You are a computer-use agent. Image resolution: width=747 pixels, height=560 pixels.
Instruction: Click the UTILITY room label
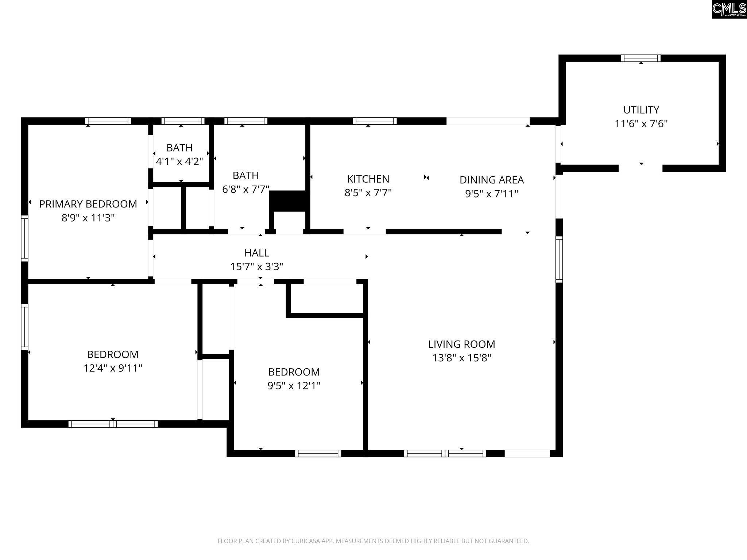pyautogui.click(x=641, y=110)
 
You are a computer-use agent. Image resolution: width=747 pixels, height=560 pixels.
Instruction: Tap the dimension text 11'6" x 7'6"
pyautogui.click(x=641, y=124)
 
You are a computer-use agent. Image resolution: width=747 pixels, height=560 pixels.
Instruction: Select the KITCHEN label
pyautogui.click(x=368, y=179)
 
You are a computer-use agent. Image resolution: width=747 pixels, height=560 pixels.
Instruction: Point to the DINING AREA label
pyautogui.click(x=492, y=180)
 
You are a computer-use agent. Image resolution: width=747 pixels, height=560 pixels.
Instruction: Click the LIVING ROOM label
pyautogui.click(x=461, y=344)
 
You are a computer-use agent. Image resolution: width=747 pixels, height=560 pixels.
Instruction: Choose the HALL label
pyautogui.click(x=257, y=253)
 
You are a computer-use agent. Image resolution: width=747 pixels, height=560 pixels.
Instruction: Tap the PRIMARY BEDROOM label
pyautogui.click(x=88, y=204)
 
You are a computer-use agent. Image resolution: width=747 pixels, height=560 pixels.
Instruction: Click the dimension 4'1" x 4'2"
pyautogui.click(x=179, y=161)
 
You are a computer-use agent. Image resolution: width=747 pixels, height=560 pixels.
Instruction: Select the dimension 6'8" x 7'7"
pyautogui.click(x=246, y=189)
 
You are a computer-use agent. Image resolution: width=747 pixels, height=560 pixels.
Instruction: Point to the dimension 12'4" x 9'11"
pyautogui.click(x=113, y=368)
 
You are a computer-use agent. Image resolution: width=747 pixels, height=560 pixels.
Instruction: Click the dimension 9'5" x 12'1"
pyautogui.click(x=294, y=385)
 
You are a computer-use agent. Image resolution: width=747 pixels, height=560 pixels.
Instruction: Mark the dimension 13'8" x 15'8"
pyautogui.click(x=461, y=358)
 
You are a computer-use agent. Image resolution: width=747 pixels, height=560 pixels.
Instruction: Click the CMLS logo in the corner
pyautogui.click(x=729, y=9)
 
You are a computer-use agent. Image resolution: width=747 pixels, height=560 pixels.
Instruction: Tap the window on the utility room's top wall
pyautogui.click(x=641, y=58)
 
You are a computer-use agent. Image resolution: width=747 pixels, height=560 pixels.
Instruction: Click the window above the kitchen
pyautogui.click(x=375, y=121)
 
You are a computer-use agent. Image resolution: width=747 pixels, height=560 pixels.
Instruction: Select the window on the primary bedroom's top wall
pyautogui.click(x=108, y=121)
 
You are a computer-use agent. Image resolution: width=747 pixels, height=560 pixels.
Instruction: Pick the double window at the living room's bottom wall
pyautogui.click(x=445, y=454)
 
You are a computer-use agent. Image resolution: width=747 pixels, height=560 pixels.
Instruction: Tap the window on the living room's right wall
pyautogui.click(x=559, y=259)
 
